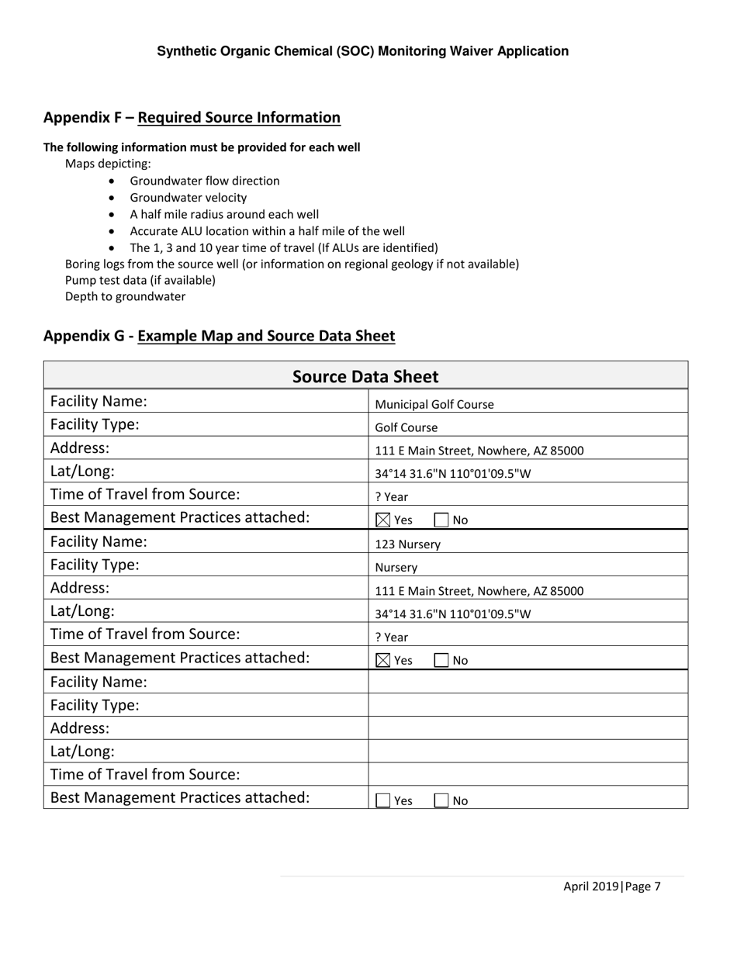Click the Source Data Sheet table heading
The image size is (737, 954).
(365, 377)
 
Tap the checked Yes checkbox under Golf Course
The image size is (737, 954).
(383, 520)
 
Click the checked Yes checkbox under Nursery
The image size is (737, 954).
(383, 661)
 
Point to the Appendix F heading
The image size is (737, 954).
(192, 117)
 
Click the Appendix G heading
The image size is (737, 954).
(219, 336)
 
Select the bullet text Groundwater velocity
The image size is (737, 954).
(189, 198)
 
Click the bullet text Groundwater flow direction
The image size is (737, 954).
(205, 181)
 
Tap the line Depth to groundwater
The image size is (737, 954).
(125, 296)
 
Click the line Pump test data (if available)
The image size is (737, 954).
(140, 280)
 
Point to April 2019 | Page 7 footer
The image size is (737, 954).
(611, 887)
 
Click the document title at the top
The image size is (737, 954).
(362, 51)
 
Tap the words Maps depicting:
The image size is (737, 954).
(108, 164)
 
